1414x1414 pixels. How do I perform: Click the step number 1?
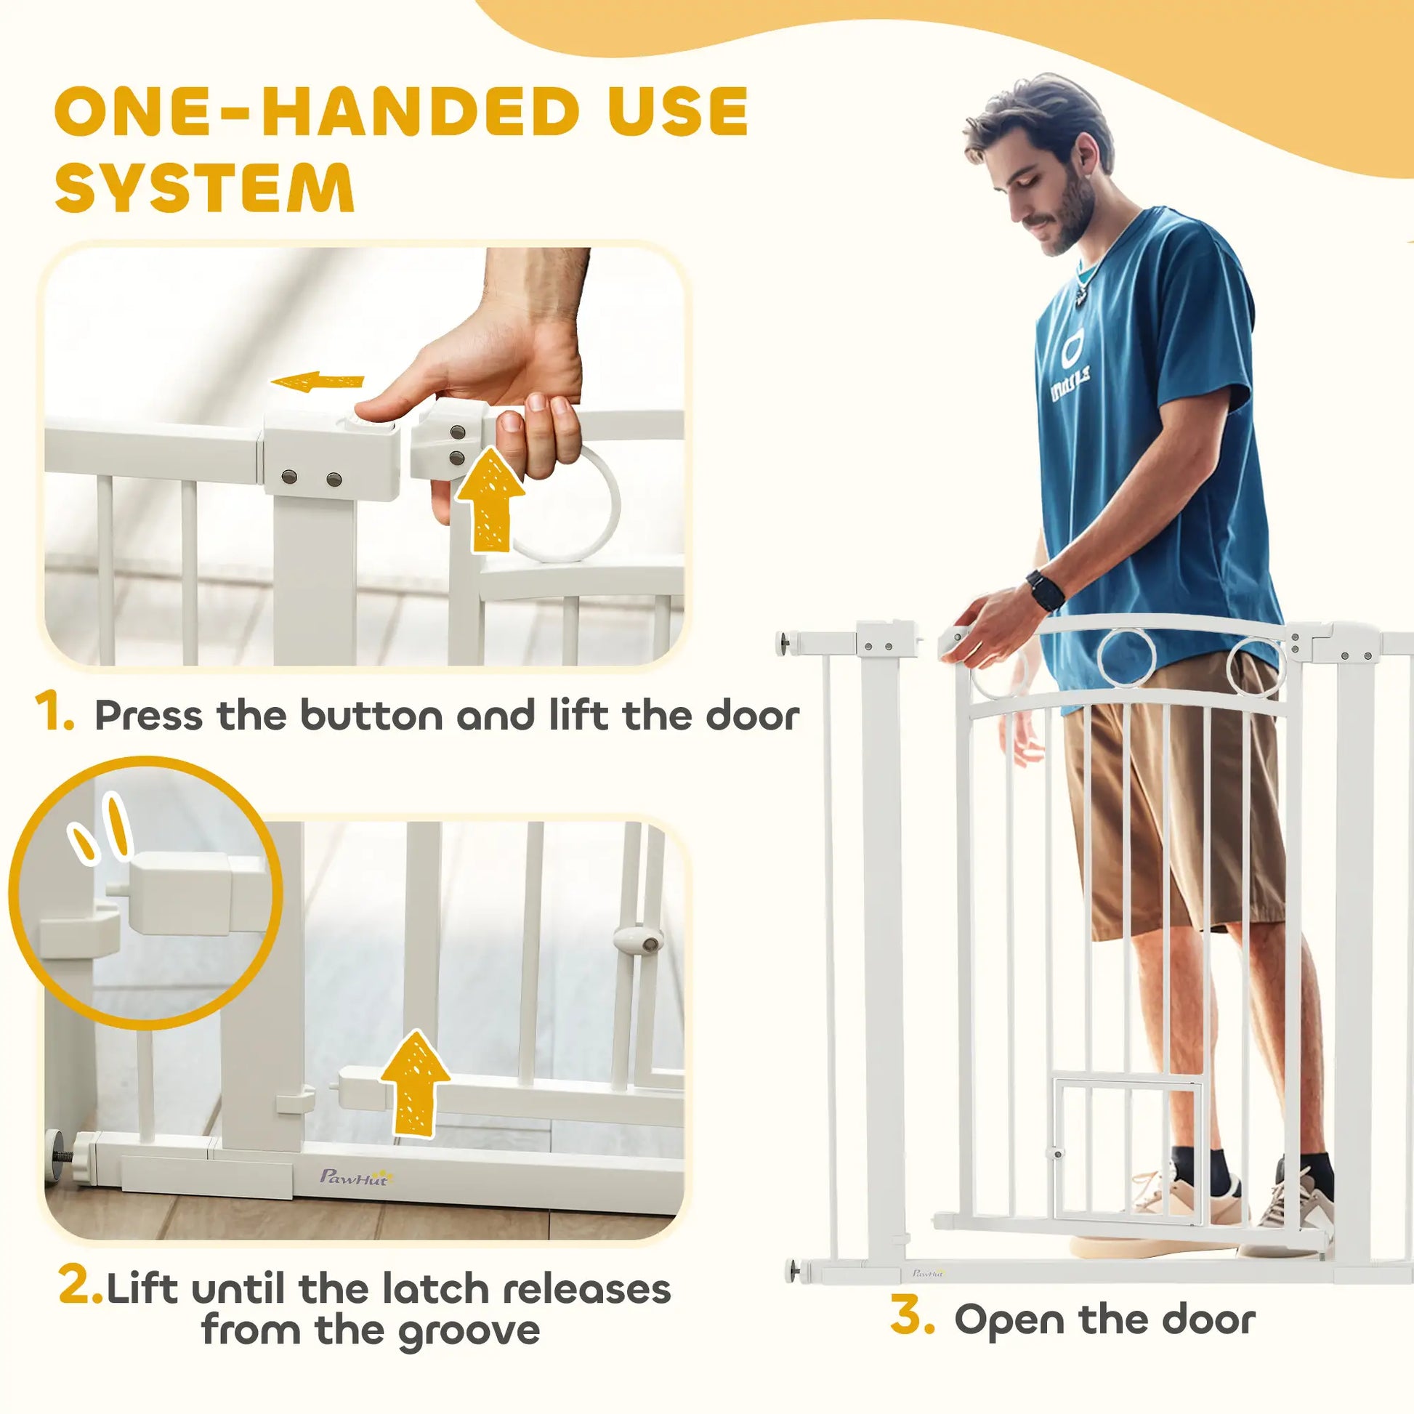tap(54, 714)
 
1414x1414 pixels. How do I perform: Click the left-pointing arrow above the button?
tap(317, 382)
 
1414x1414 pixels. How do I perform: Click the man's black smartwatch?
tap(1045, 589)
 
